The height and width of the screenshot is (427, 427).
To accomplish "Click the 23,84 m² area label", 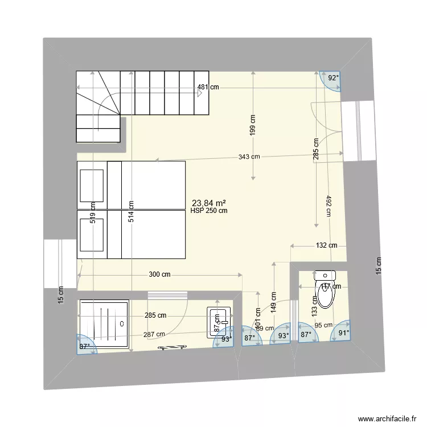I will pos(209,203).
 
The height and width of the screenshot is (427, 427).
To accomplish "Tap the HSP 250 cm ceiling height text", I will pos(210,211).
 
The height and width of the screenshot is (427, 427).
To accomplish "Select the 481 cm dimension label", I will pos(209,88).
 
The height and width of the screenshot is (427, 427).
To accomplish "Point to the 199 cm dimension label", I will pos(253,125).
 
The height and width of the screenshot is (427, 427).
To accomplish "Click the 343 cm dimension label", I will pos(249,157).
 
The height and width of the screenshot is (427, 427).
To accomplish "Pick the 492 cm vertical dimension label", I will pos(329,206).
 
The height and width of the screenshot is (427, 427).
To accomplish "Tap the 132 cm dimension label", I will pos(326,245).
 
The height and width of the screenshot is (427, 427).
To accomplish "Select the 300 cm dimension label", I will pos(159,274).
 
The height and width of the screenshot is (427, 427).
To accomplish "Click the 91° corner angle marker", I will pos(343,334).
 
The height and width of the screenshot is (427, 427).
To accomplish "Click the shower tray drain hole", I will pos(122,323).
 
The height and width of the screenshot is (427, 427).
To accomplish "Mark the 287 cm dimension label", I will pos(154,335).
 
